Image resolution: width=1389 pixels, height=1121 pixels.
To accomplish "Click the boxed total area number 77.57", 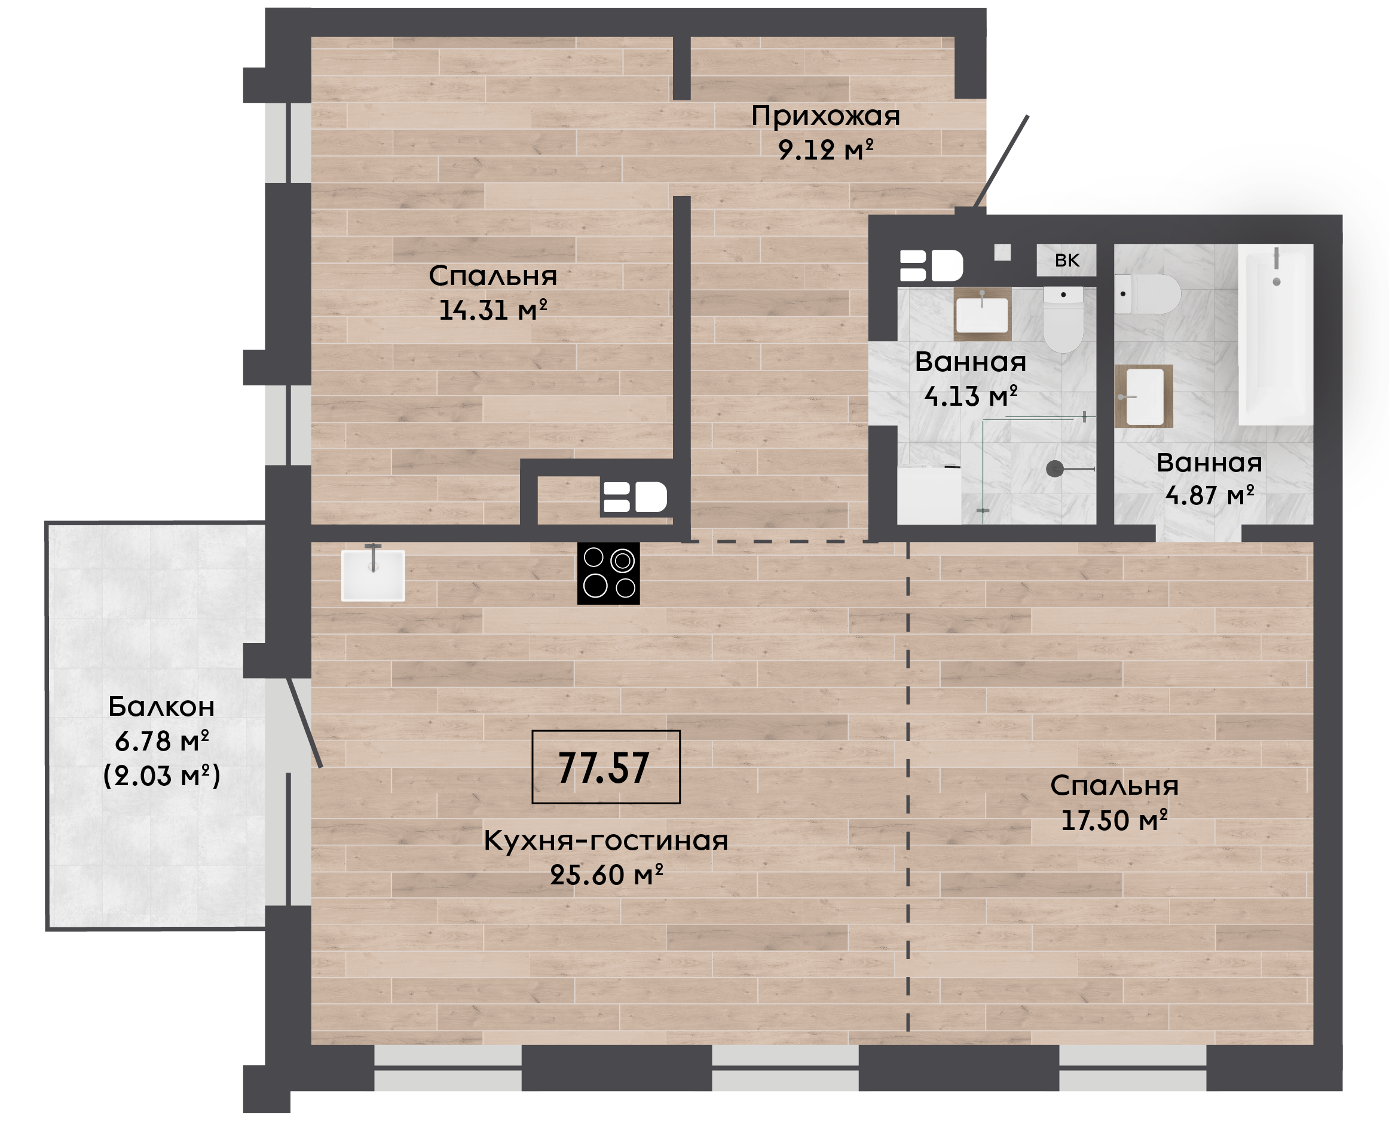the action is pyautogui.click(x=605, y=767).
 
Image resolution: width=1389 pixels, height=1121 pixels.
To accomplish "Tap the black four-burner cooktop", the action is pyautogui.click(x=608, y=574).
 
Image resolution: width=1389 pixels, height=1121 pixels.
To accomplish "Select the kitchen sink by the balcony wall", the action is pyautogui.click(x=372, y=575).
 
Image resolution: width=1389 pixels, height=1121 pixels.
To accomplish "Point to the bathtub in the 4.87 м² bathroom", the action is pyautogui.click(x=1275, y=335).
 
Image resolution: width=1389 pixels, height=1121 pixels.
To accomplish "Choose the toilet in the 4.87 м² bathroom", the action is pyautogui.click(x=1148, y=295).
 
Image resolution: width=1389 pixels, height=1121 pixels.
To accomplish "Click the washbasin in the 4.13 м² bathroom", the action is pyautogui.click(x=982, y=314).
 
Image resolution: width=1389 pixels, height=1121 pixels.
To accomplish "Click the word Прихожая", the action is pyautogui.click(x=825, y=117).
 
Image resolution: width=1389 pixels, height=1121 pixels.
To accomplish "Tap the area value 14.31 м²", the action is pyautogui.click(x=492, y=310).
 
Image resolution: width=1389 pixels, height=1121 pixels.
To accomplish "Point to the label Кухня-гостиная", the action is pyautogui.click(x=605, y=841).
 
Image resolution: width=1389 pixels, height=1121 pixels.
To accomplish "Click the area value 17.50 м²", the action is pyautogui.click(x=1115, y=820).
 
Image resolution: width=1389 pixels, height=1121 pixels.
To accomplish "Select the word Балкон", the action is pyautogui.click(x=161, y=706).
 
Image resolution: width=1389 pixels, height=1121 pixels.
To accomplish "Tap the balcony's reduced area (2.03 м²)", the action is pyautogui.click(x=161, y=775).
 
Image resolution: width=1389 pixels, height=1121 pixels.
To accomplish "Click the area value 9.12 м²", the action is pyautogui.click(x=825, y=150).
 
